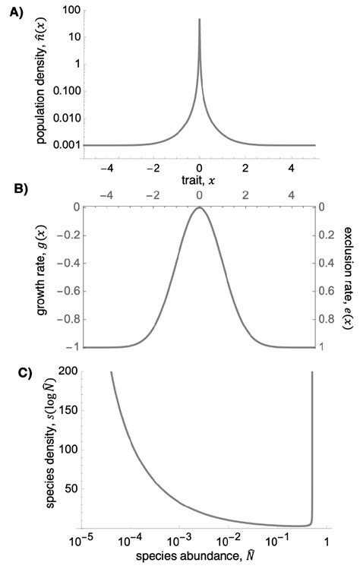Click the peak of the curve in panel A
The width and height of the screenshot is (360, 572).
point(199,21)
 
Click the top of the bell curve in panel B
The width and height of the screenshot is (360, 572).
point(199,207)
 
